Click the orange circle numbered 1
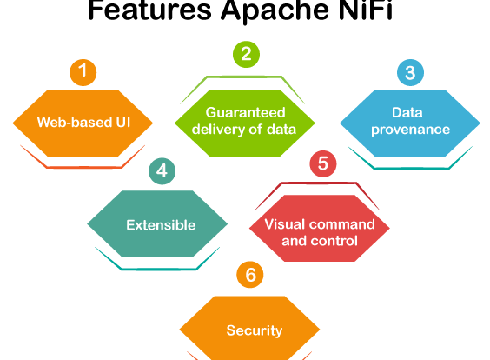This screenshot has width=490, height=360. click(x=83, y=72)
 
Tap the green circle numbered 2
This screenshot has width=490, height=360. click(x=246, y=55)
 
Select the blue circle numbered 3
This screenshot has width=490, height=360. click(x=410, y=72)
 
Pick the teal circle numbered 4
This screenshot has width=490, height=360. click(x=162, y=171)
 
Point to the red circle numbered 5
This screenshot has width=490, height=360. click(x=323, y=163)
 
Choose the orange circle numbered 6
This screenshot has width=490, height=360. click(x=250, y=275)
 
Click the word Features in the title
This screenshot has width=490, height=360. click(x=149, y=10)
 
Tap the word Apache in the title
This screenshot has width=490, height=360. click(x=275, y=10)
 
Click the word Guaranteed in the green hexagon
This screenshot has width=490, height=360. click(x=245, y=112)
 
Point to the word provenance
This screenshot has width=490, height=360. click(x=410, y=130)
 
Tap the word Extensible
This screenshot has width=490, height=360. click(x=161, y=225)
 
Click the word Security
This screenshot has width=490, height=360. click(x=255, y=330)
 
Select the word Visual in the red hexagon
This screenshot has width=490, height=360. click(x=284, y=224)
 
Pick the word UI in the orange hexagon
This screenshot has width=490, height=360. click(x=123, y=122)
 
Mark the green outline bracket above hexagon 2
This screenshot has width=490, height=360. click(x=243, y=77)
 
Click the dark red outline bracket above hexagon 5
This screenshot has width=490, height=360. click(x=319, y=183)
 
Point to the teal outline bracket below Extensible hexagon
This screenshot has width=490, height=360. click(x=159, y=269)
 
